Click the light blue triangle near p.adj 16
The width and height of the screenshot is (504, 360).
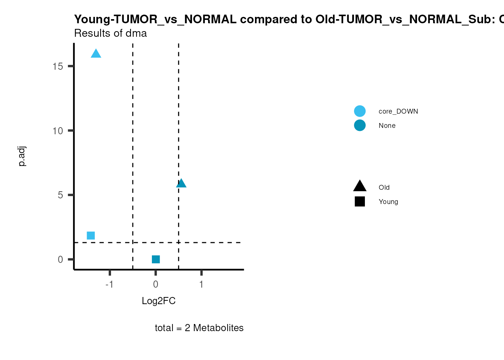click(x=96, y=54)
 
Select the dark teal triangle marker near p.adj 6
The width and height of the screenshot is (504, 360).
click(x=181, y=183)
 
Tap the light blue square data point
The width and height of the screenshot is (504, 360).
click(x=91, y=235)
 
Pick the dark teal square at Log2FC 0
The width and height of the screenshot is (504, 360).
click(x=156, y=259)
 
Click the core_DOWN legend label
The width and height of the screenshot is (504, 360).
click(x=398, y=111)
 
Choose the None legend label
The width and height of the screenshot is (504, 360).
click(x=387, y=126)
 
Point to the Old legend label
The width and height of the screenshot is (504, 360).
click(x=384, y=187)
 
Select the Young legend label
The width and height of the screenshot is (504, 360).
click(x=388, y=202)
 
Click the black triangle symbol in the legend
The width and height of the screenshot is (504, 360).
click(x=360, y=186)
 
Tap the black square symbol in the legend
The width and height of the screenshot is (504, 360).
click(x=360, y=202)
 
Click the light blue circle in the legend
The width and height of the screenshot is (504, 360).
click(x=360, y=111)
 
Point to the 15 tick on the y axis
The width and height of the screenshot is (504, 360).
click(x=58, y=66)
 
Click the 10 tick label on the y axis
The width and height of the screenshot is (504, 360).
click(x=58, y=131)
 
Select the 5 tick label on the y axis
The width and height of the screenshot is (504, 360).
click(x=60, y=195)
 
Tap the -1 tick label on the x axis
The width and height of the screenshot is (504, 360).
click(x=109, y=284)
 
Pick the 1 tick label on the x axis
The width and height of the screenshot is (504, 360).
click(x=201, y=284)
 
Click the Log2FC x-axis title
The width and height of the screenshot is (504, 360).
click(x=159, y=301)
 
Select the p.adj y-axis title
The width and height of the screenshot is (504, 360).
click(x=22, y=156)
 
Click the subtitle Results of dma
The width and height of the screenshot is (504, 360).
click(x=110, y=33)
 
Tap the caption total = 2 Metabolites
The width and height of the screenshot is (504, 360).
click(x=199, y=328)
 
